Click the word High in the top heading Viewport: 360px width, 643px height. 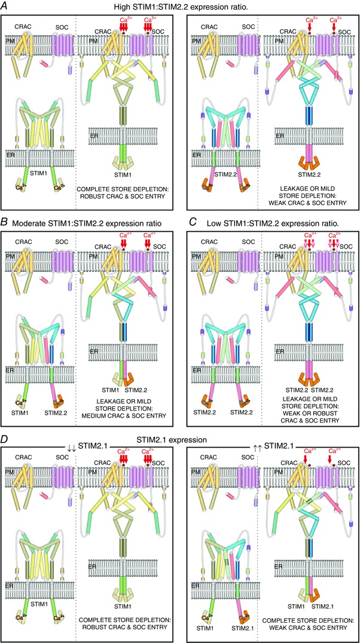126,8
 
